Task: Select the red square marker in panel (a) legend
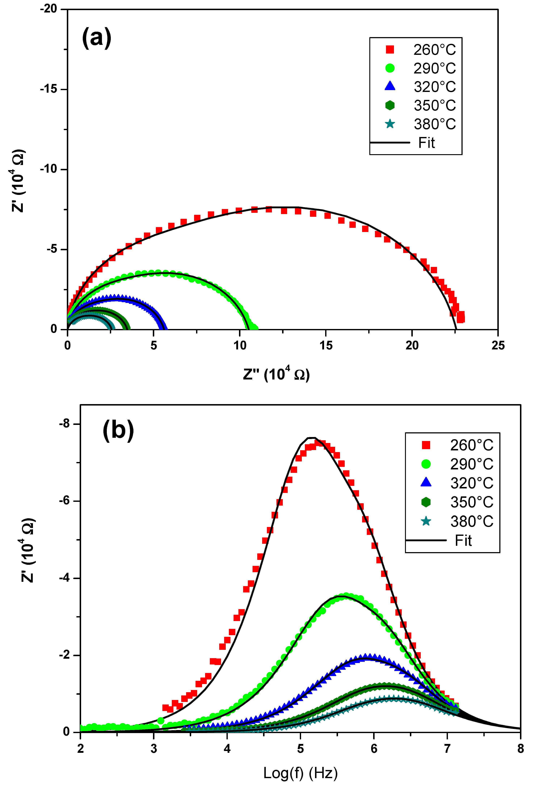tap(390, 50)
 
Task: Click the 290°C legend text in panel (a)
tap(434, 68)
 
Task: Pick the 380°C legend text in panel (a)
tap(434, 124)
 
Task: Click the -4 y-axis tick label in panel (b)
tap(64, 578)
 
